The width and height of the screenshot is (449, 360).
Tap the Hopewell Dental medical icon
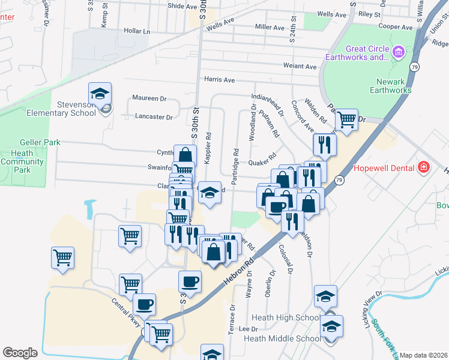(423, 166)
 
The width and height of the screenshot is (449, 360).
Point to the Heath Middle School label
(282, 338)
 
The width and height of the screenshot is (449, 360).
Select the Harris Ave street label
(219, 79)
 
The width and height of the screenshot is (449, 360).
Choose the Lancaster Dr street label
(154, 117)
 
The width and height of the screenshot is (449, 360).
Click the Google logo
(20, 353)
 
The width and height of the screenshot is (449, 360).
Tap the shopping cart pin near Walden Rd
(346, 121)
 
